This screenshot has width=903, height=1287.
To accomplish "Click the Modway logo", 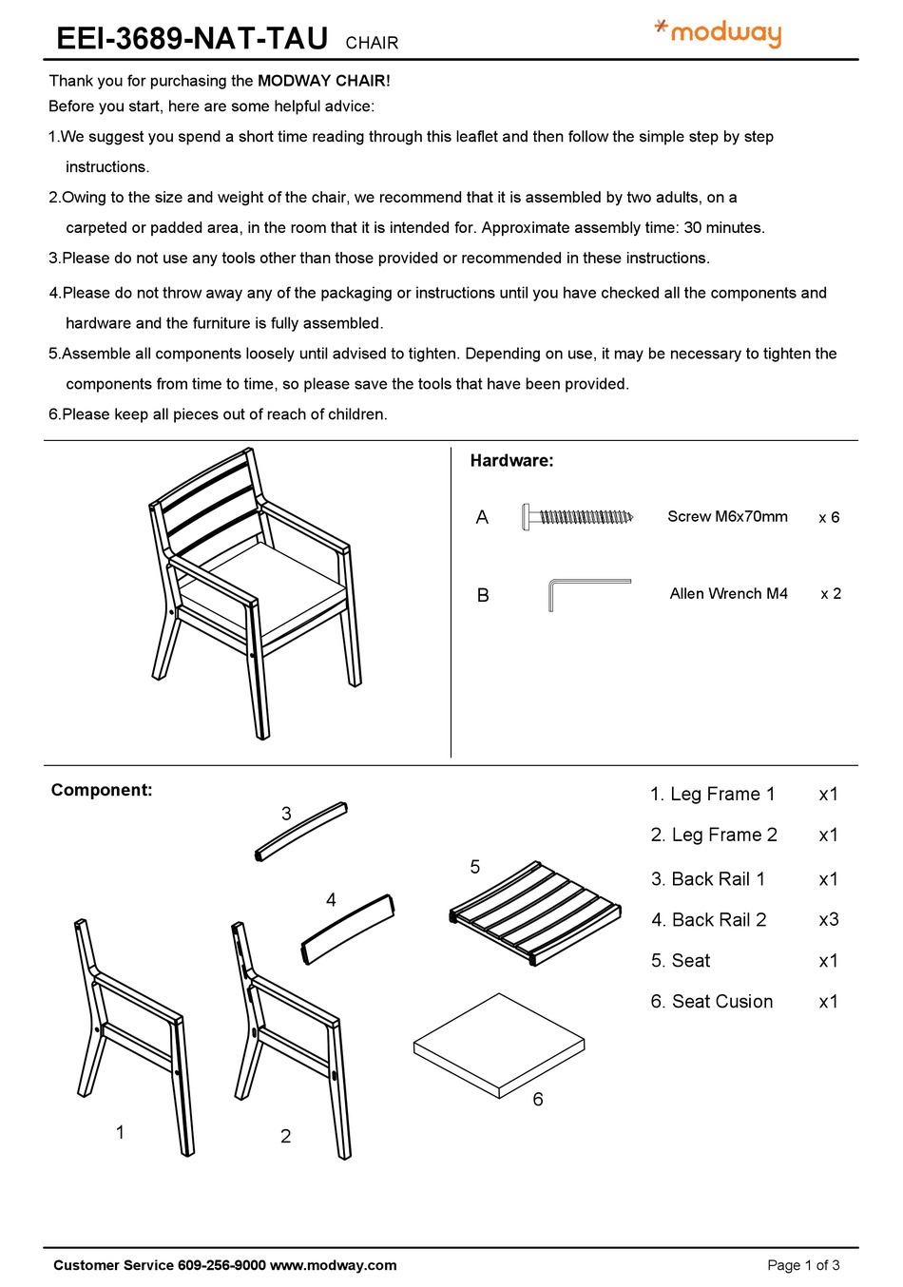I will pyautogui.click(x=720, y=33).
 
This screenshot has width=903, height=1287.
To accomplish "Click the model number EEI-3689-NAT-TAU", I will pyautogui.click(x=192, y=39).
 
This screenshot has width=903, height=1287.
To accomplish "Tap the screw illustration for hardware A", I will pyautogui.click(x=577, y=517).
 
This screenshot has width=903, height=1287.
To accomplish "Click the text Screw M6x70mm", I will pyautogui.click(x=727, y=517).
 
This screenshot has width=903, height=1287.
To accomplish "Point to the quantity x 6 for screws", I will pyautogui.click(x=829, y=518).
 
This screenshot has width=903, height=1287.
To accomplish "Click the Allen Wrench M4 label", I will pyautogui.click(x=728, y=594).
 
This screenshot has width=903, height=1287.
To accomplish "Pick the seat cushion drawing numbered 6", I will pyautogui.click(x=498, y=1046).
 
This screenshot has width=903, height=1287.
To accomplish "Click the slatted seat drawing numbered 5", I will pyautogui.click(x=535, y=912).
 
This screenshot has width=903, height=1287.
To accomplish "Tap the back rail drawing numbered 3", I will pyautogui.click(x=301, y=833).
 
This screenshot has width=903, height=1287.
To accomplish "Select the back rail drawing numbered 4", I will pyautogui.click(x=348, y=929).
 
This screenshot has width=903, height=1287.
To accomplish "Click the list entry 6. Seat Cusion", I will pyautogui.click(x=712, y=1002).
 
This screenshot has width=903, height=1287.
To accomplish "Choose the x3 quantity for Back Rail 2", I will pyautogui.click(x=828, y=920).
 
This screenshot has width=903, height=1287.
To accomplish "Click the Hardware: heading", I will pyautogui.click(x=511, y=461).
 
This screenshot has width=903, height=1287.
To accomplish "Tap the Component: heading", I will pyautogui.click(x=102, y=791).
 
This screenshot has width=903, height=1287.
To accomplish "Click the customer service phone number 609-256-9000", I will pyautogui.click(x=221, y=1265).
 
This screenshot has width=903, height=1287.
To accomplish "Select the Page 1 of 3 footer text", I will pyautogui.click(x=803, y=1265).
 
